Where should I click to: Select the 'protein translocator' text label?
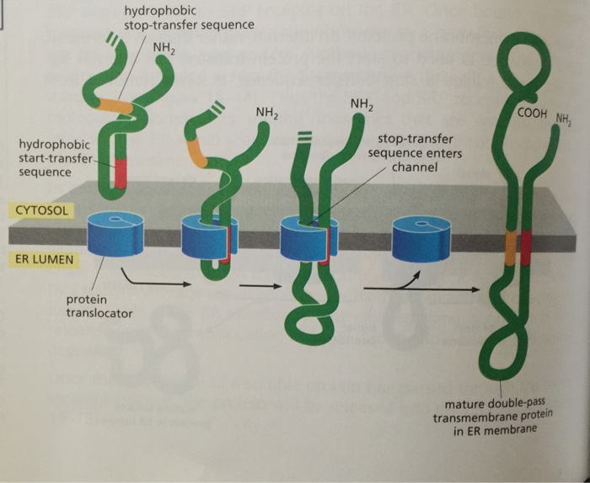point(96,310)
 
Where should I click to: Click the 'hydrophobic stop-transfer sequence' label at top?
point(189,18)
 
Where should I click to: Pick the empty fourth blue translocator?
point(418,237)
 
